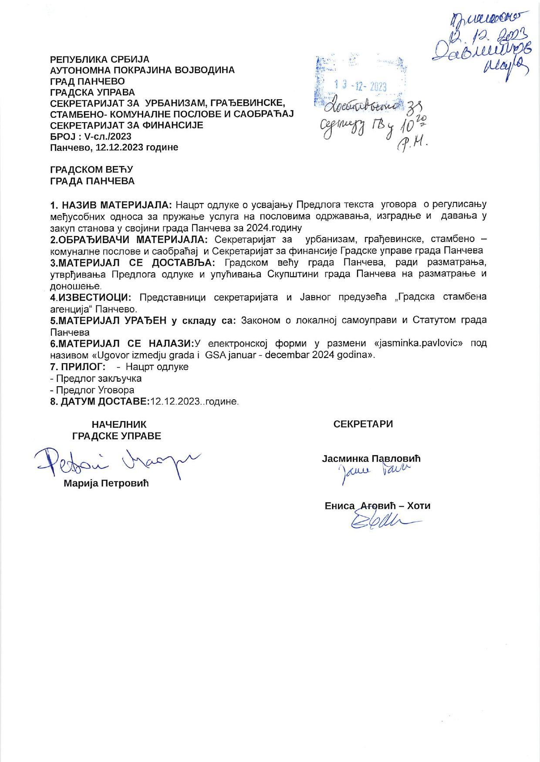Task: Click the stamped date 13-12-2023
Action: [x=360, y=86]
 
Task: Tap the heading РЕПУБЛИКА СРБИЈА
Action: [x=100, y=59]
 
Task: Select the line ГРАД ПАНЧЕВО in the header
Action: [x=88, y=81]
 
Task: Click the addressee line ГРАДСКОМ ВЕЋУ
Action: [x=92, y=170]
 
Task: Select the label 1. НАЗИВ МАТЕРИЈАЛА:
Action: [x=111, y=205]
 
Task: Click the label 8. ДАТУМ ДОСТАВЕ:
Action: [x=100, y=401]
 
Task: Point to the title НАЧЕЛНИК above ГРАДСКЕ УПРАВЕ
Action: [x=119, y=424]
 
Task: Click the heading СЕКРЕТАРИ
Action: [x=363, y=424]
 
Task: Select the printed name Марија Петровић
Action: [x=106, y=483]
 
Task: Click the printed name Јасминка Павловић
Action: [x=371, y=458]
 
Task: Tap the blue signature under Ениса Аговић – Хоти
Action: [x=383, y=520]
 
